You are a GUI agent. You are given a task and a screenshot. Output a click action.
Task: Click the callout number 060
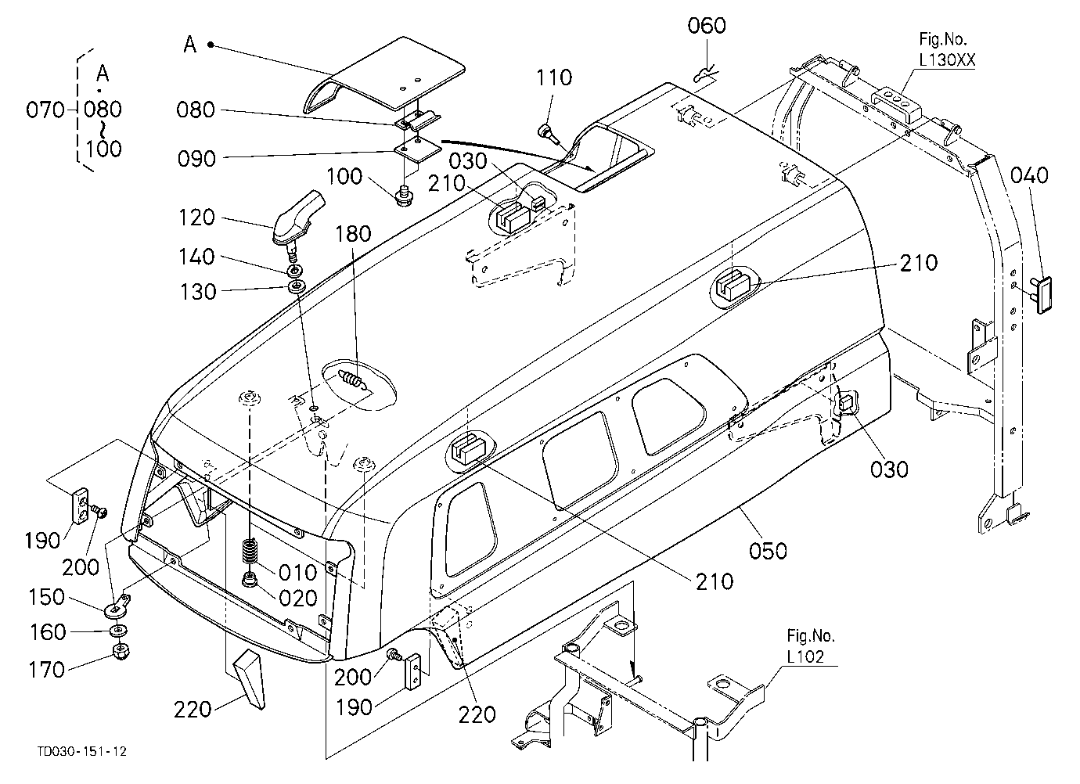click(x=707, y=26)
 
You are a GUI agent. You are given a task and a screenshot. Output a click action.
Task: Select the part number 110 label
click(x=554, y=77)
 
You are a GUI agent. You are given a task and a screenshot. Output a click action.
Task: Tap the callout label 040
click(x=1029, y=175)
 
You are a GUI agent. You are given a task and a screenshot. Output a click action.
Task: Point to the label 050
click(x=768, y=551)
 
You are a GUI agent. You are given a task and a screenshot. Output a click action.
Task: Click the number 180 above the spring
click(x=353, y=234)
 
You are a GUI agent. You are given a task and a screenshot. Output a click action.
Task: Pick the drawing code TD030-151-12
click(x=82, y=752)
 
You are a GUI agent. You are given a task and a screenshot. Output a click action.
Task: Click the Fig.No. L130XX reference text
click(x=947, y=49)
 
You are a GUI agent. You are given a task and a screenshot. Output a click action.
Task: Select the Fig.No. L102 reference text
click(x=811, y=646)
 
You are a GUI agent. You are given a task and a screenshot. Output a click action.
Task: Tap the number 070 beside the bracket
click(x=45, y=110)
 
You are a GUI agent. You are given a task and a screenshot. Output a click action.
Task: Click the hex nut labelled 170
click(x=121, y=652)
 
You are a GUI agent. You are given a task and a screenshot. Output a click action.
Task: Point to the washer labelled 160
click(x=119, y=630)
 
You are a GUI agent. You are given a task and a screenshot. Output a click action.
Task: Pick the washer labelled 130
click(x=297, y=287)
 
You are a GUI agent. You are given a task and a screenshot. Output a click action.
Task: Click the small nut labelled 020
click(x=250, y=580)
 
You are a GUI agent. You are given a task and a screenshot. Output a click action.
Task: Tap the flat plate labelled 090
click(x=418, y=151)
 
